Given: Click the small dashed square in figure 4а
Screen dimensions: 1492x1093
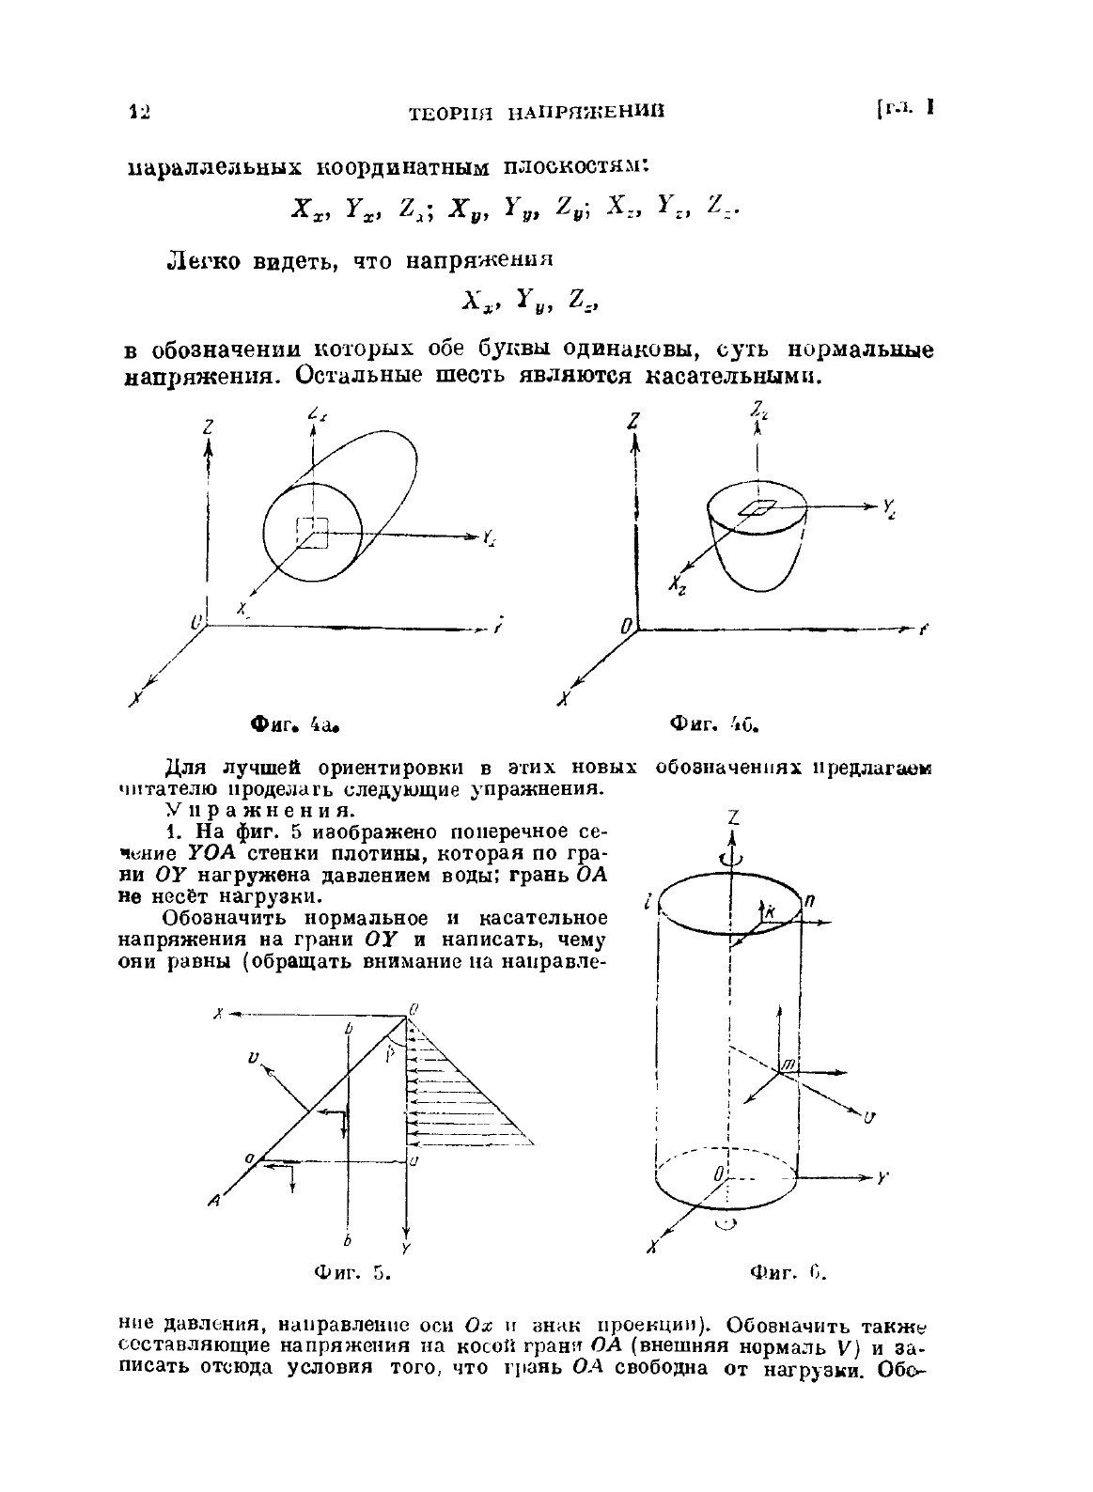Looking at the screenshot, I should pos(311,532).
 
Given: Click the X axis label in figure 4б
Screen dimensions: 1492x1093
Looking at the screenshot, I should pos(563,698).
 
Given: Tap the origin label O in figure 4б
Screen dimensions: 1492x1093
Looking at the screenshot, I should pos(625,625).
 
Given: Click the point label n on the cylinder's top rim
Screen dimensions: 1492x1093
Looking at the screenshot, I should pos(809,899).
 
